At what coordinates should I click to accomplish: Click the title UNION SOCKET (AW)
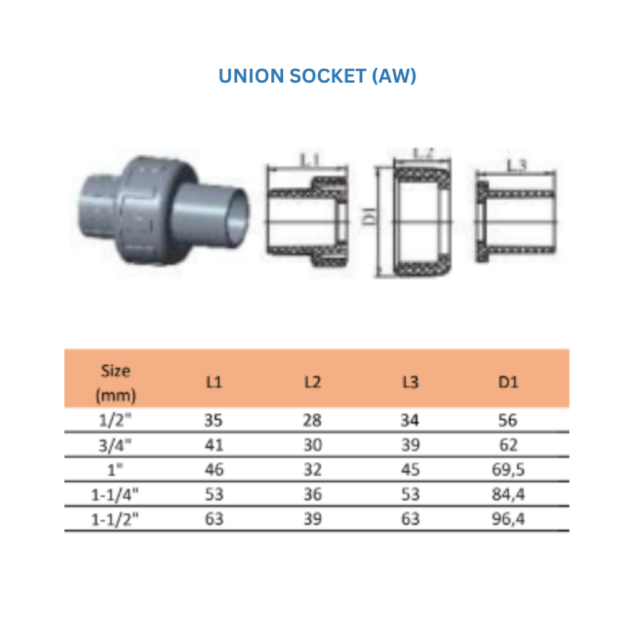tap(317, 76)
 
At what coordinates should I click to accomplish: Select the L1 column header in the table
tap(214, 382)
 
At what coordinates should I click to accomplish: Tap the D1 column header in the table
tap(508, 382)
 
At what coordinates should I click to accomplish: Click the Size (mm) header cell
tap(116, 383)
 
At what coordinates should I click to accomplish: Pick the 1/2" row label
tap(116, 420)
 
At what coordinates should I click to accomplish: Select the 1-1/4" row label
tap(115, 495)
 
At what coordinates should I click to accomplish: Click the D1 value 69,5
tap(508, 470)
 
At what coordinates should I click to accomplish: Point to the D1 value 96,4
tap(508, 519)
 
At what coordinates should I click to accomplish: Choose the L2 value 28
tap(312, 420)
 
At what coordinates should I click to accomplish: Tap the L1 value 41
tap(214, 445)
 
